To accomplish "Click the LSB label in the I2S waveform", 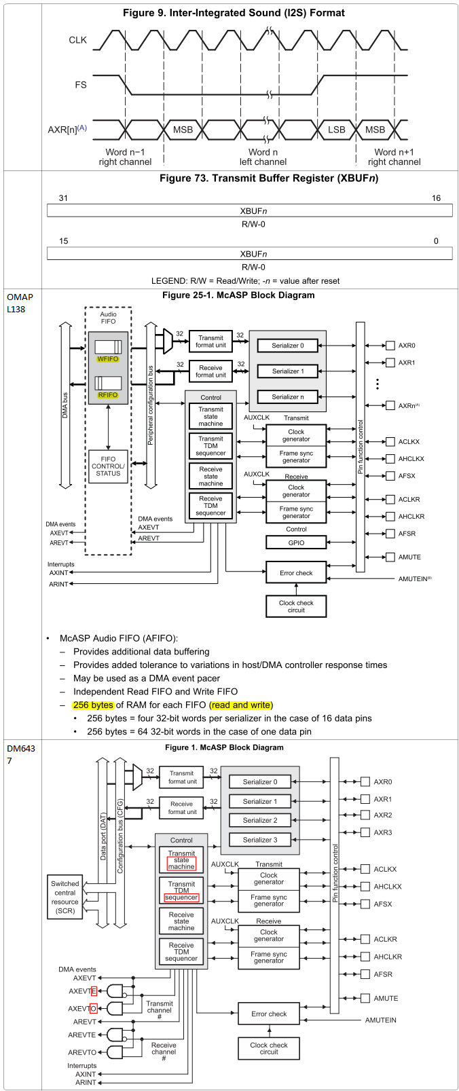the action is coord(336,130).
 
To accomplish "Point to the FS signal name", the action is coord(81,85).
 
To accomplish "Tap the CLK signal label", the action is coord(78,40).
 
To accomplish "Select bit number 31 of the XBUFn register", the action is coord(63,198).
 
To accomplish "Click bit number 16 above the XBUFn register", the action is coord(436,198).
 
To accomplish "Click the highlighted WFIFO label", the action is coord(108,359).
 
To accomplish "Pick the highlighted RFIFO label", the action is coord(108,395).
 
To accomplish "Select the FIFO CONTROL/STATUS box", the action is coord(108,466).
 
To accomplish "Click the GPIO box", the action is coord(296,542).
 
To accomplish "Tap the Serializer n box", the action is coord(287,397).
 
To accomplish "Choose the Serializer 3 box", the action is coord(260,840).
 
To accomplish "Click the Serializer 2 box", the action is coord(260,820).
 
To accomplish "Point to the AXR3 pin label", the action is coord(383,832).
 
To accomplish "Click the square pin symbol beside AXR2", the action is coord(365,815).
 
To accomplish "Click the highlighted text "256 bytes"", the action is coord(93,705).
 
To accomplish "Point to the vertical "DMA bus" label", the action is coord(65,405).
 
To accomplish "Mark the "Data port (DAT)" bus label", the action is coord(103,836).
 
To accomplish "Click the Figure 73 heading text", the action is coord(269,179).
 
